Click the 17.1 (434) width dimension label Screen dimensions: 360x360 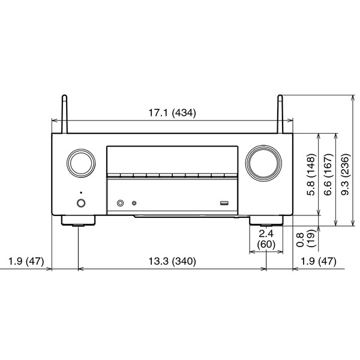[172, 113]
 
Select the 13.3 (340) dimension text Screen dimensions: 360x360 [172, 261]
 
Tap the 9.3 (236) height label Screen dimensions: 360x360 [346, 175]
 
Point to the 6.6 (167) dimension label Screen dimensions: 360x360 [328, 175]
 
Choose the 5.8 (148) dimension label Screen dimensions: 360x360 [311, 175]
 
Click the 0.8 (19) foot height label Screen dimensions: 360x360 [305, 239]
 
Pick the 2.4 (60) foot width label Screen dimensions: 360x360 [266, 239]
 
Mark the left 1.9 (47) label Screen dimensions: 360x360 [26, 261]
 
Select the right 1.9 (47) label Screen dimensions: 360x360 [319, 261]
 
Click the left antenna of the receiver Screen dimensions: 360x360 [65, 114]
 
